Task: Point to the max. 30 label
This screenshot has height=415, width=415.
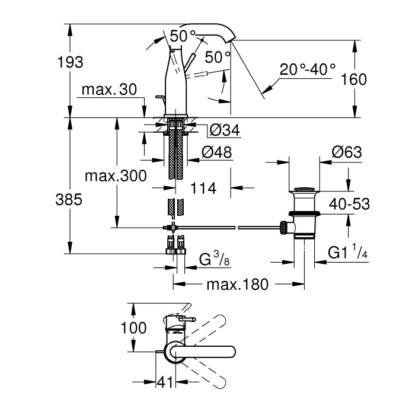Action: [x=109, y=90]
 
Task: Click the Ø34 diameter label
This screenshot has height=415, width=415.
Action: [x=224, y=130]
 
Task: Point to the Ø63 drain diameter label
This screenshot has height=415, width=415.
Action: [x=347, y=152]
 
